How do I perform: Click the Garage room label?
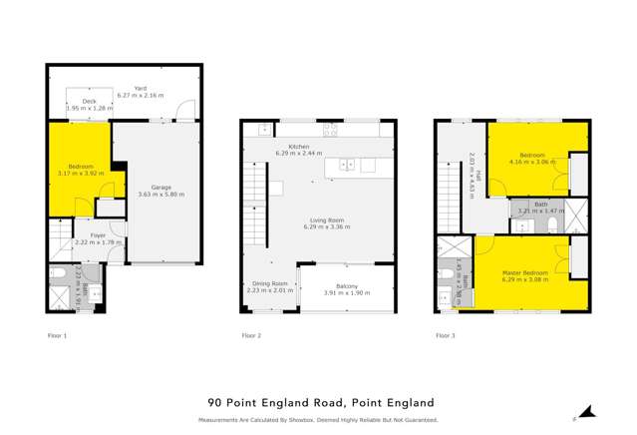[161, 188]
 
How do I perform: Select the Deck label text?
[88, 101]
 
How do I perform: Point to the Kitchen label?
[300, 145]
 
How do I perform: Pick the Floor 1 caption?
[58, 336]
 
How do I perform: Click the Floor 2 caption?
[251, 336]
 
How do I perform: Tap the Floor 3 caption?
[445, 336]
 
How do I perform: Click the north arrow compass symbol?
[587, 413]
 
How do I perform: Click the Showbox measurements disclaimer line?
[318, 420]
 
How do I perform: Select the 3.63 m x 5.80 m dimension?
[161, 194]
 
